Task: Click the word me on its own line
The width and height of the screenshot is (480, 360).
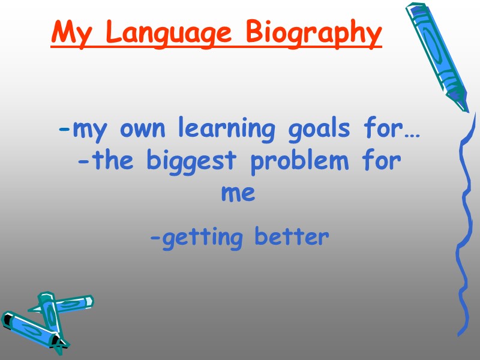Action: click(238, 194)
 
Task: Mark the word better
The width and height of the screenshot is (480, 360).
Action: click(292, 237)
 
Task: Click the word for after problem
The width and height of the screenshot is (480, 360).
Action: click(381, 161)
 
